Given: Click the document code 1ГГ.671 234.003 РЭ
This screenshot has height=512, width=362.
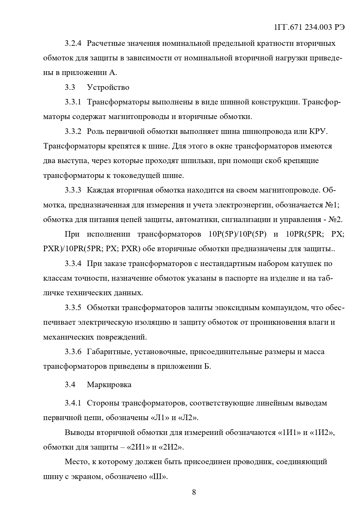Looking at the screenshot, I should [x=309, y=27].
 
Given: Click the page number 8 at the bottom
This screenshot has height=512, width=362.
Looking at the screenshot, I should [x=194, y=492].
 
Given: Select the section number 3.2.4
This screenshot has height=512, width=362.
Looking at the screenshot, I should [x=73, y=43].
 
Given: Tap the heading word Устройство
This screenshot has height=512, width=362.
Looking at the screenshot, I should [x=108, y=88].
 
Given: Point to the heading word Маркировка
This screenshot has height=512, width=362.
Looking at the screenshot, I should [x=109, y=385].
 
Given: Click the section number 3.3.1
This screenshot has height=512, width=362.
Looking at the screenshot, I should [x=73, y=102].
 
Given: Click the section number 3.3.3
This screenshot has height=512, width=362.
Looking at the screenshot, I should [x=73, y=190].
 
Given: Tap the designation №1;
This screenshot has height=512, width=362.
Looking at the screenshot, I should [x=332, y=205].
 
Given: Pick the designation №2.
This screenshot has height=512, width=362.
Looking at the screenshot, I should [x=335, y=220].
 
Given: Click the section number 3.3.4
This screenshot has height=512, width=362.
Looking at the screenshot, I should [x=73, y=264].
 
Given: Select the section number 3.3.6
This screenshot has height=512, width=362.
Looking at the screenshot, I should [x=73, y=352].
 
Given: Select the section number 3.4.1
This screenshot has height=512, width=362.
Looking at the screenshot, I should [x=73, y=403].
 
